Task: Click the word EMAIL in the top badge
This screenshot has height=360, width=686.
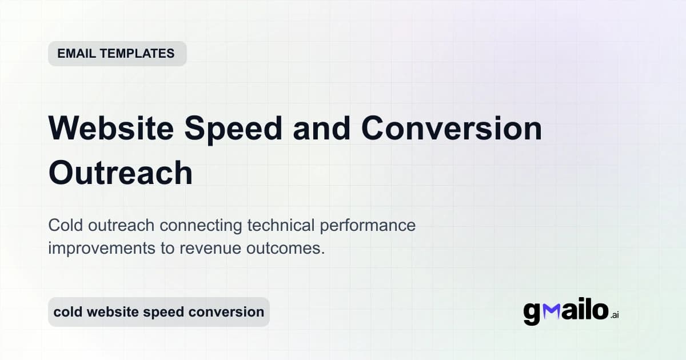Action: (x=77, y=54)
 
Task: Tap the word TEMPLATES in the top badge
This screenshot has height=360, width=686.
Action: (x=137, y=54)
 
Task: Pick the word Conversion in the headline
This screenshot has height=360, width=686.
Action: (x=451, y=129)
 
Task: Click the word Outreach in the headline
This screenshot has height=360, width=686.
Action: (x=121, y=173)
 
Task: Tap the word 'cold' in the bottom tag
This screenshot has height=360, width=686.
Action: (x=68, y=312)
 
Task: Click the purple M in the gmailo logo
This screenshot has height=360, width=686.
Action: (x=552, y=311)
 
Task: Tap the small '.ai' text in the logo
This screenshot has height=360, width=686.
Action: (x=615, y=315)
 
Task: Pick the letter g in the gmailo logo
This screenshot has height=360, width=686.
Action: (x=532, y=313)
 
